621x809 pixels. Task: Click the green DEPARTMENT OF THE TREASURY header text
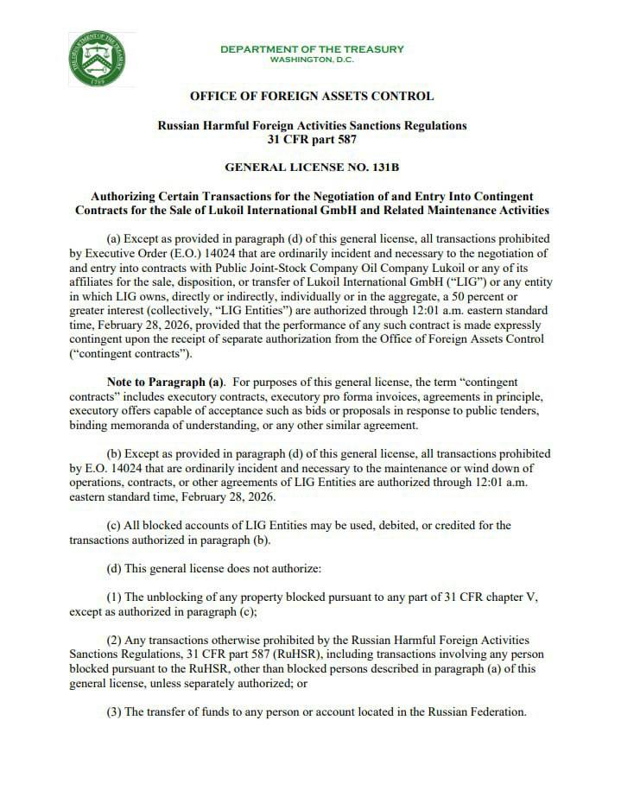[x=312, y=49]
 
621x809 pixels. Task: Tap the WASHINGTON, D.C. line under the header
[x=312, y=60]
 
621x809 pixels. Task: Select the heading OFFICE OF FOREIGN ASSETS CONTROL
[x=312, y=96]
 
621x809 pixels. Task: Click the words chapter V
[x=522, y=597]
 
